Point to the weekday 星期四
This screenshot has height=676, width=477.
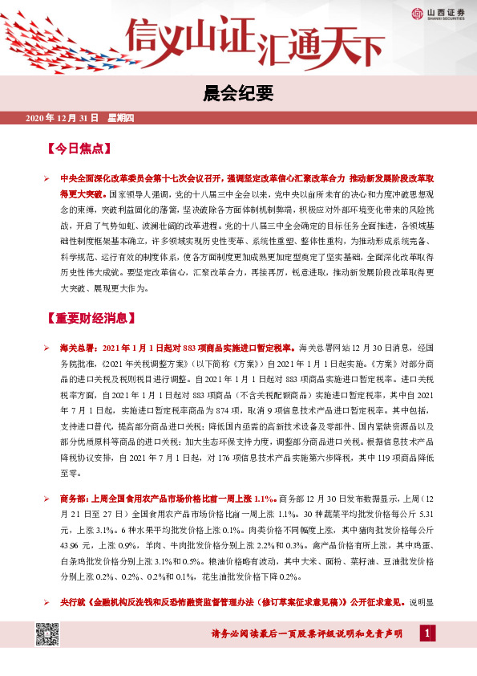pos(121,118)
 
